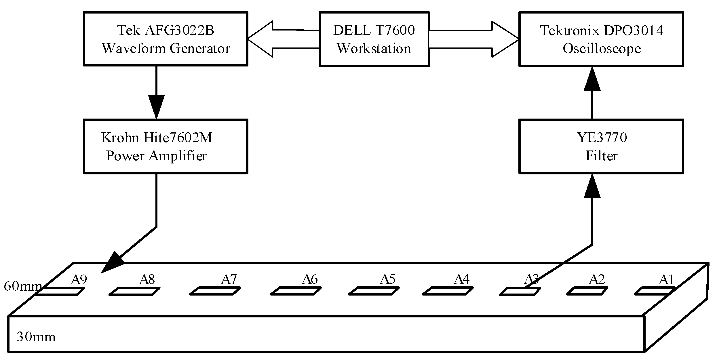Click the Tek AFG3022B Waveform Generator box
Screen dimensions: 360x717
pos(166,39)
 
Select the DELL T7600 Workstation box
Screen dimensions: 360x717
pos(374,39)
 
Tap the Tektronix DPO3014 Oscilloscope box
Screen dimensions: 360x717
pos(601,39)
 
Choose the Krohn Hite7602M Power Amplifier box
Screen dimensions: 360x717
pos(166,146)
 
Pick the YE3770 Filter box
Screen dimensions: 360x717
pos(601,146)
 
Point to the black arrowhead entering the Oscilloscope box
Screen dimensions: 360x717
pos(592,79)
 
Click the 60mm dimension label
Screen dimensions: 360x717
pos(22,286)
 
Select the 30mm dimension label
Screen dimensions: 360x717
pos(36,337)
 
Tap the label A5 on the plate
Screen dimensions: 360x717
pos(387,279)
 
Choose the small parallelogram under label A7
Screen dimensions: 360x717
pos(215,291)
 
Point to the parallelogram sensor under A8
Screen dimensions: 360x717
pos(134,291)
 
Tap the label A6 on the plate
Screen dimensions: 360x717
pos(310,279)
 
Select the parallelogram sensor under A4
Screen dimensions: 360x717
pos(448,291)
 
